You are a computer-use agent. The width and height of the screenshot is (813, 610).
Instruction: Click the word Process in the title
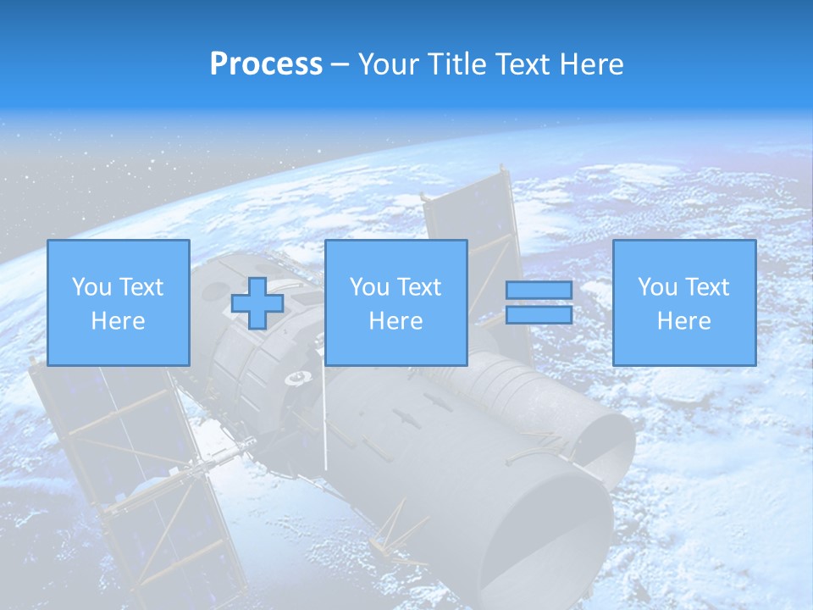(x=266, y=64)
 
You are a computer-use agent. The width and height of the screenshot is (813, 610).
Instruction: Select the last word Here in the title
(x=591, y=64)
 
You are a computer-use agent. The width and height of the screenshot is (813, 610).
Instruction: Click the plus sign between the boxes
(x=257, y=303)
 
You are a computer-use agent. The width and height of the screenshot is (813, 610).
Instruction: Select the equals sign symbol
(x=539, y=302)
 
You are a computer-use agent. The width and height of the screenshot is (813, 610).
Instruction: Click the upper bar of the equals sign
(x=539, y=291)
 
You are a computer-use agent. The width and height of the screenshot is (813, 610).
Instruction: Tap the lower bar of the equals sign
(x=539, y=315)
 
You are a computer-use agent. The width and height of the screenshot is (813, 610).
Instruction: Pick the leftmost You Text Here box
(x=118, y=302)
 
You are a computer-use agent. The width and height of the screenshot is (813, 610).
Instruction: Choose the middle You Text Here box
(x=395, y=302)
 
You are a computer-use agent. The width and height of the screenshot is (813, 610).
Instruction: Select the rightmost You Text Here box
(x=683, y=302)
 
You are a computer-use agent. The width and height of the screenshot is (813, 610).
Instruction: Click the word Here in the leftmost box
(x=118, y=321)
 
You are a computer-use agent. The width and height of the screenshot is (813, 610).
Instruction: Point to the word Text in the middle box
(x=419, y=287)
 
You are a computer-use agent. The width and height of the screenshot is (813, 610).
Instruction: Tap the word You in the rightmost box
(x=657, y=287)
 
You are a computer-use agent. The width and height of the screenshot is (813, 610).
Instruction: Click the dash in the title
(x=340, y=64)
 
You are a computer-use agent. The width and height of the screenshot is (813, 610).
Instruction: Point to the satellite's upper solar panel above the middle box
(x=470, y=212)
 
